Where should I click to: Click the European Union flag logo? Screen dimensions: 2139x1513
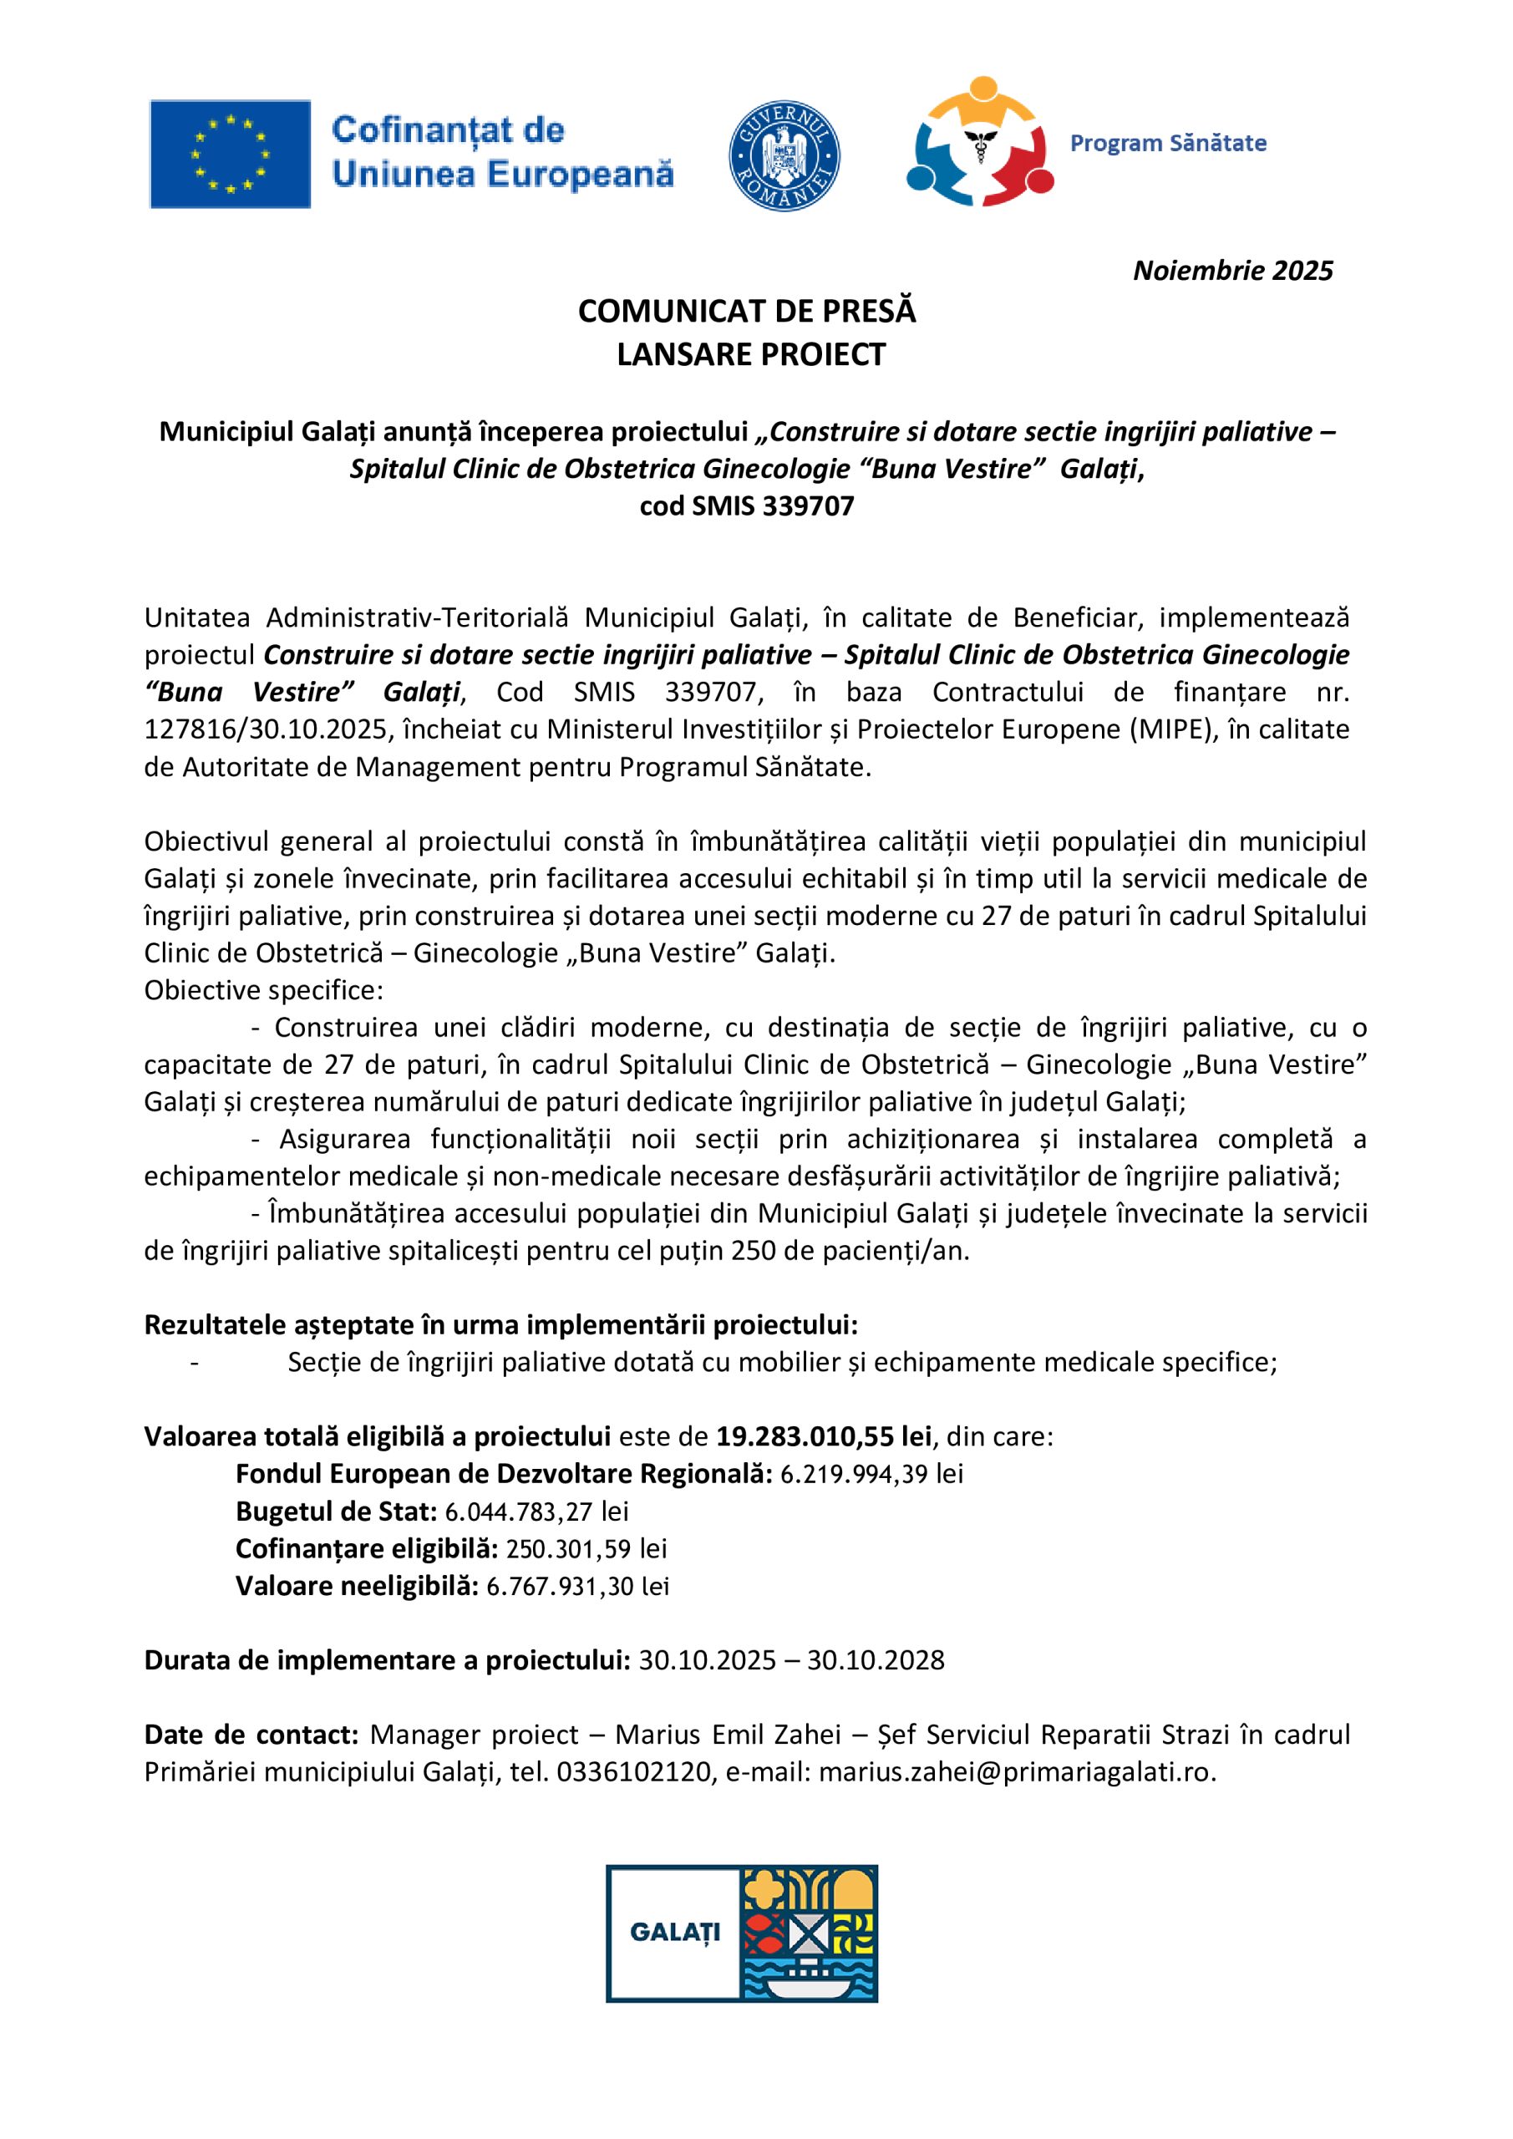tap(230, 154)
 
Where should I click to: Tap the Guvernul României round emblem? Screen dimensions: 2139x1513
tap(784, 156)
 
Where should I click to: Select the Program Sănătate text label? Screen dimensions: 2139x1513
tap(1167, 144)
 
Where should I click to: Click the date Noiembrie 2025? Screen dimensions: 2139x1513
tap(1232, 271)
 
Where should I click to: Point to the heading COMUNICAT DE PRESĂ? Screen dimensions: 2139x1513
tap(746, 311)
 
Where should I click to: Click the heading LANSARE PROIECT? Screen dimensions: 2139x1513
tap(751, 355)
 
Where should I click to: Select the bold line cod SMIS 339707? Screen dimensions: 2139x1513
tap(746, 506)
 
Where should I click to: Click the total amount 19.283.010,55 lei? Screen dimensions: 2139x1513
tap(824, 1436)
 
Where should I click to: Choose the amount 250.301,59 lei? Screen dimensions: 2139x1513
tap(586, 1548)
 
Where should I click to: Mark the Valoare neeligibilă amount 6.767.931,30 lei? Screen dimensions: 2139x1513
tap(577, 1586)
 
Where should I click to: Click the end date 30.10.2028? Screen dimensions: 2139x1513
tap(876, 1660)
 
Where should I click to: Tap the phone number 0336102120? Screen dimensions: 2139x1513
tap(633, 1772)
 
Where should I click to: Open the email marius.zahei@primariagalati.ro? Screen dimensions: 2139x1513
tap(1018, 1772)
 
